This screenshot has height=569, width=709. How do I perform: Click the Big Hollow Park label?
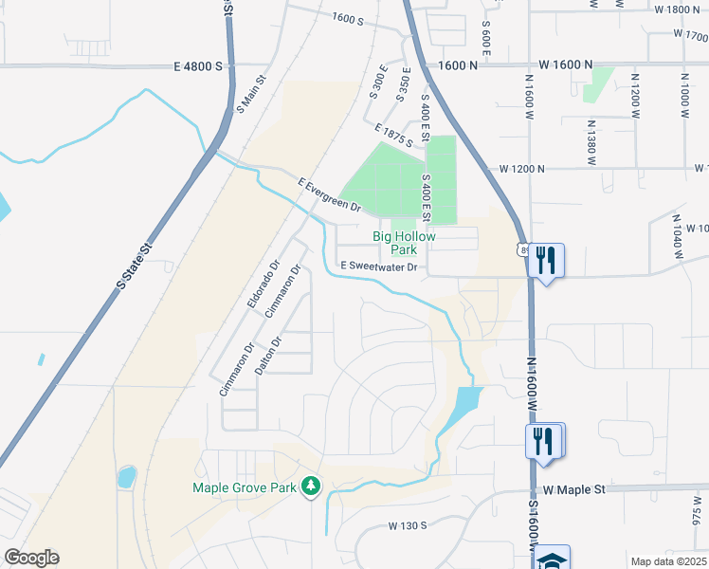[x=394, y=243]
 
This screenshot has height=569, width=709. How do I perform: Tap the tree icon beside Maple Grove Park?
[x=310, y=487]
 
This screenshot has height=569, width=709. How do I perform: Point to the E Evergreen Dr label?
[x=330, y=194]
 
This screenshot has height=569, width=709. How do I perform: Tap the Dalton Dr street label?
[x=269, y=354]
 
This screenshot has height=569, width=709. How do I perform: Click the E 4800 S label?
[x=198, y=66]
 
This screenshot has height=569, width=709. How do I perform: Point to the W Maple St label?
[x=573, y=489]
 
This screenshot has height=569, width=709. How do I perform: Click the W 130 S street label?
[x=408, y=524]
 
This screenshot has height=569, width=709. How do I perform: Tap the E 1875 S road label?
[x=394, y=137]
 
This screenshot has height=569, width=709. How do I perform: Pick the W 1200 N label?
[x=522, y=169]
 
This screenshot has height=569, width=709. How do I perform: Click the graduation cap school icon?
[x=551, y=560]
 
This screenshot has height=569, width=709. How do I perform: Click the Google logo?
[x=31, y=558]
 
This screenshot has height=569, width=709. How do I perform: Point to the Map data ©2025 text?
[x=668, y=561]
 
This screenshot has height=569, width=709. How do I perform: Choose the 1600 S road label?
[x=349, y=18]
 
